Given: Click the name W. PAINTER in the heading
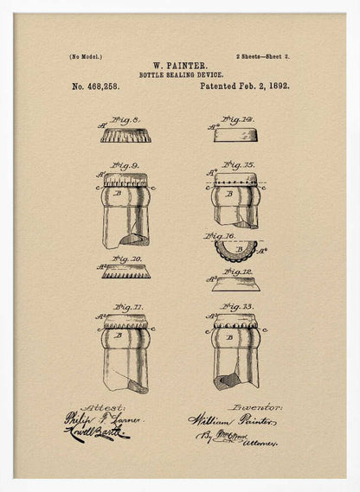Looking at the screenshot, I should pyautogui.click(x=179, y=66).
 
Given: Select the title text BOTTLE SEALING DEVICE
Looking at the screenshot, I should pyautogui.click(x=179, y=75).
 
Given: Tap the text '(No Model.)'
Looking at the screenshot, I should pyautogui.click(x=86, y=56).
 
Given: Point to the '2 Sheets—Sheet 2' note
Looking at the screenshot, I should pyautogui.click(x=263, y=56).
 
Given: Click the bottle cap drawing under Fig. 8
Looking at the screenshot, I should pyautogui.click(x=125, y=136).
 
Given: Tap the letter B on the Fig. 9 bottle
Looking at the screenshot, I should pyautogui.click(x=119, y=195).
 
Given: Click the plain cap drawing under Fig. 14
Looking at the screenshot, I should pyautogui.click(x=235, y=135).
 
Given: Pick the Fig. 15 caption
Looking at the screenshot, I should pyautogui.click(x=238, y=164).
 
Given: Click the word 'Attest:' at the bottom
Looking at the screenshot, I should pyautogui.click(x=103, y=407).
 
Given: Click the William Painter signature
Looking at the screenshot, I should pyautogui.click(x=232, y=421).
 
